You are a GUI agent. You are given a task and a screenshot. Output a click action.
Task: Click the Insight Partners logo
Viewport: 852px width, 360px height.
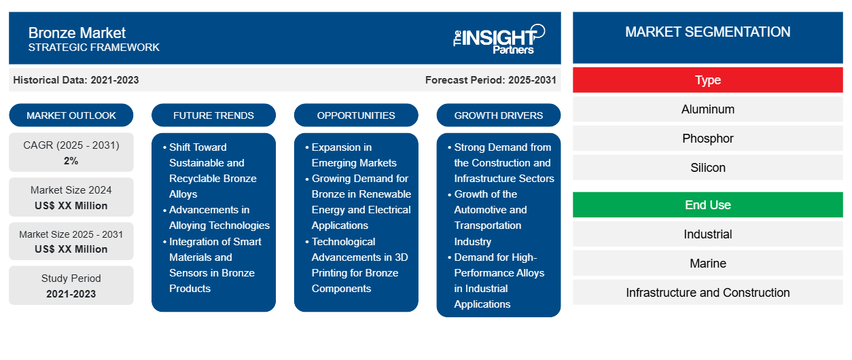[499, 39]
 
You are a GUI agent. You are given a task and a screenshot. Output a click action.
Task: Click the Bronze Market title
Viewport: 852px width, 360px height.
[77, 33]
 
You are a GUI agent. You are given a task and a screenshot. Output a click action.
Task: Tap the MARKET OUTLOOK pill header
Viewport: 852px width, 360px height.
[71, 115]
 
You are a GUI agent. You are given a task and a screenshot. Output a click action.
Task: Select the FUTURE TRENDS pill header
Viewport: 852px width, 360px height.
[213, 115]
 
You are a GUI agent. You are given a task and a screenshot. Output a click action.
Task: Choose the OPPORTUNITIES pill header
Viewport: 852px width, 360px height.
[356, 115]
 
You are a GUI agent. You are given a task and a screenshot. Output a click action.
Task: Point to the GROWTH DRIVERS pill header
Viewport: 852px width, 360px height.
[498, 115]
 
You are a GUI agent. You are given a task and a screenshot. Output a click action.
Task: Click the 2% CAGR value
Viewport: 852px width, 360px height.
[71, 161]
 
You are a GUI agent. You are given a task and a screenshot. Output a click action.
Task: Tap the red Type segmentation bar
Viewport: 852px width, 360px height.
[707, 80]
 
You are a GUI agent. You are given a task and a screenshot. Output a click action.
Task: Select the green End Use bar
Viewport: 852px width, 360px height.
[707, 205]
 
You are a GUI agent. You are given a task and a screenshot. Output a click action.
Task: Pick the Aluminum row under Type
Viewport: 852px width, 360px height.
[707, 109]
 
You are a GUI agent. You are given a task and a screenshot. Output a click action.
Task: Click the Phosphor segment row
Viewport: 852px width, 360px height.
[707, 139]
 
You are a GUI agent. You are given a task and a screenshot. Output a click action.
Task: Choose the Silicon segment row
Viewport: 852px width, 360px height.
[707, 168]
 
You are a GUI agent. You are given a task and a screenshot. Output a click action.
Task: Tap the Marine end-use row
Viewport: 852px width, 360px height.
[707, 263]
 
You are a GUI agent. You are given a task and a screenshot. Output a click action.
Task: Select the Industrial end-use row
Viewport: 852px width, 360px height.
[707, 234]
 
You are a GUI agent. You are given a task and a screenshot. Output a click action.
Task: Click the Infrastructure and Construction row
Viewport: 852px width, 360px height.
[707, 292]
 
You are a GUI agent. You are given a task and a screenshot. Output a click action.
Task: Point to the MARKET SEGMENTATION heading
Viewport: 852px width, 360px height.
[707, 32]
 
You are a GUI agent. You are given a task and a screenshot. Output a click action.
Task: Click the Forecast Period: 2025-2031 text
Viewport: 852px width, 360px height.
[491, 80]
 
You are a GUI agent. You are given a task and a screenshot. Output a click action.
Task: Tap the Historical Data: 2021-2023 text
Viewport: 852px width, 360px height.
[76, 80]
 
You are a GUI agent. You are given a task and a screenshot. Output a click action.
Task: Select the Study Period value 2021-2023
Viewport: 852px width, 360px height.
[71, 294]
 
